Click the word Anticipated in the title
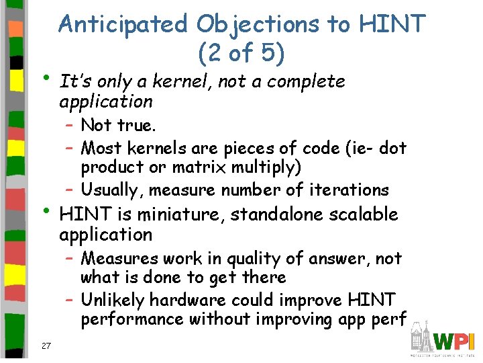(123, 24)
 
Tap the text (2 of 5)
(241, 52)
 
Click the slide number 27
(46, 346)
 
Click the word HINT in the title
(392, 24)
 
